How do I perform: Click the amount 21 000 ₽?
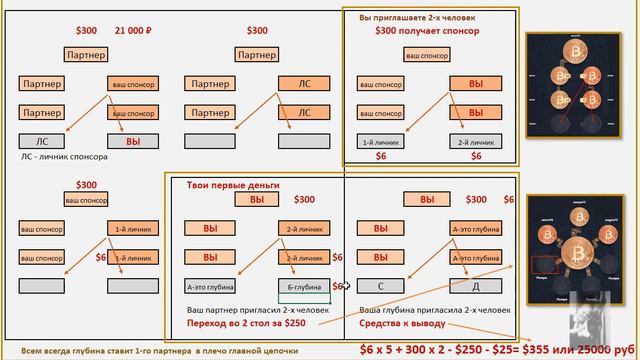click(133, 31)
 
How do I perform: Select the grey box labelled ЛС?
click(41, 141)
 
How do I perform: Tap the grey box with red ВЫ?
click(132, 141)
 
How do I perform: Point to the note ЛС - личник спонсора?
click(64, 157)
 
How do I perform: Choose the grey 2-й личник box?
click(470, 141)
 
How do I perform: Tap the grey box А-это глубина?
click(210, 287)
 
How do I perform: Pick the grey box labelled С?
click(380, 287)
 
